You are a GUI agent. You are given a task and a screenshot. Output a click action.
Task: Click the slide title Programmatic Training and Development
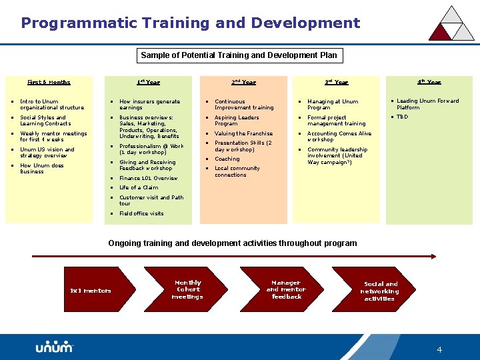coord(190,23)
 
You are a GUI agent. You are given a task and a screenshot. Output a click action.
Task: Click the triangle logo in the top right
coord(451,24)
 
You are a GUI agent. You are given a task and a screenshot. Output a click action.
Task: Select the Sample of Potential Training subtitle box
coord(239,55)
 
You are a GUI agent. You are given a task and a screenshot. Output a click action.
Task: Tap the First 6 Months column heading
coord(49,83)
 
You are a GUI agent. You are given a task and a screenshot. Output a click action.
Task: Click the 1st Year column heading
coord(148,83)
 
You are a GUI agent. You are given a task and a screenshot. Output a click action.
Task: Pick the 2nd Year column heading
coord(243,83)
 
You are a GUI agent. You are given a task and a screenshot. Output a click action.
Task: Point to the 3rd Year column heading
coord(336,83)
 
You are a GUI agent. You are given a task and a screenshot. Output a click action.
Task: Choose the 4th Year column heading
coord(429,83)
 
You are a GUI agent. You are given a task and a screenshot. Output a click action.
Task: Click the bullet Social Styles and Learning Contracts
coord(45,121)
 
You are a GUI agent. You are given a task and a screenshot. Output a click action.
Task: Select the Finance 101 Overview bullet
coord(148,178)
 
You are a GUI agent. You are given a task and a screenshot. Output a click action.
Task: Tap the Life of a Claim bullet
coord(139,187)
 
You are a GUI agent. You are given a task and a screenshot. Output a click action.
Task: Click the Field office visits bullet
coord(141,213)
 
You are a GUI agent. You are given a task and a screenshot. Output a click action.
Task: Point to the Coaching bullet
coord(227,159)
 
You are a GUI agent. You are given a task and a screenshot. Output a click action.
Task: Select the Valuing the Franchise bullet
coord(243,133)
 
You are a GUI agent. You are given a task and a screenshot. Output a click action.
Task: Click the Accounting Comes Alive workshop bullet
coord(339,137)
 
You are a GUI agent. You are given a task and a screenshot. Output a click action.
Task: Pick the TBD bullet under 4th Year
coord(402,117)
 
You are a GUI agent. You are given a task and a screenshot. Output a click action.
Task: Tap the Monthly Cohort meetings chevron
coord(187,290)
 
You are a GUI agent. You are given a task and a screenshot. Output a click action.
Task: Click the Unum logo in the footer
coord(54,347)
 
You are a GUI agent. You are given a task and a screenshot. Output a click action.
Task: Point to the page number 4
coord(439,350)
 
